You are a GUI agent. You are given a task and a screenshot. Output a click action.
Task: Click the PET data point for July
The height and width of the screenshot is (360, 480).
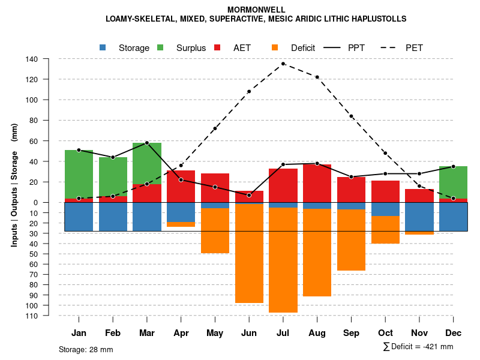283,64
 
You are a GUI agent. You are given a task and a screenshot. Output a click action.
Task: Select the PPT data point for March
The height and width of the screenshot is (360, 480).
147,143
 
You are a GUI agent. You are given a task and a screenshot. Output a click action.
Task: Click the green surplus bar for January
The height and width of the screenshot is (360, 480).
79,174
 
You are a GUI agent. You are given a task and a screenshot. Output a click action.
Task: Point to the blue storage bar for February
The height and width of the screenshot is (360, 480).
113,217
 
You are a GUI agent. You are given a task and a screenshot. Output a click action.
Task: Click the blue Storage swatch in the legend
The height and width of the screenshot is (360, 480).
103,47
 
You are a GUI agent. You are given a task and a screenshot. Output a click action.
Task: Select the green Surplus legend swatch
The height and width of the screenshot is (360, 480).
161,47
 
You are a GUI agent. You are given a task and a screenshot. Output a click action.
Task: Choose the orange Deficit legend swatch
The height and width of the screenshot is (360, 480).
275,47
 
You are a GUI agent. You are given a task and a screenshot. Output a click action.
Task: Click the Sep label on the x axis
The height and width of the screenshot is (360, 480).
352,333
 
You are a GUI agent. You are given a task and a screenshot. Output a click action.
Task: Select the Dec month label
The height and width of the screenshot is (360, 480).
454,333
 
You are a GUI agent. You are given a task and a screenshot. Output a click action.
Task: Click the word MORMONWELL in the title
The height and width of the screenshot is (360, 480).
256,10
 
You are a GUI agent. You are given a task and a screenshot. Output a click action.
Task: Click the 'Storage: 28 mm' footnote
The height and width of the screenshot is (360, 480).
86,349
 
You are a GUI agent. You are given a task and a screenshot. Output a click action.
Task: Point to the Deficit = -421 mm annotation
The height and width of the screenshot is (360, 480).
418,346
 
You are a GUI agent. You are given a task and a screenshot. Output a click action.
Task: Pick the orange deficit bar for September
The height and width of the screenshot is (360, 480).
352,240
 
